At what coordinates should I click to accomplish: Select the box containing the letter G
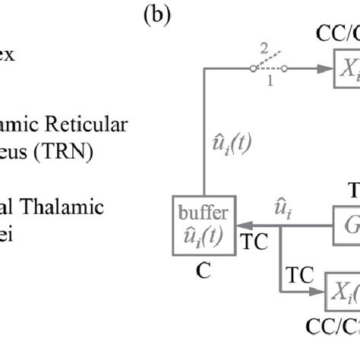point(347,225)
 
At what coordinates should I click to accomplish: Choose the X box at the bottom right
point(343,289)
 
